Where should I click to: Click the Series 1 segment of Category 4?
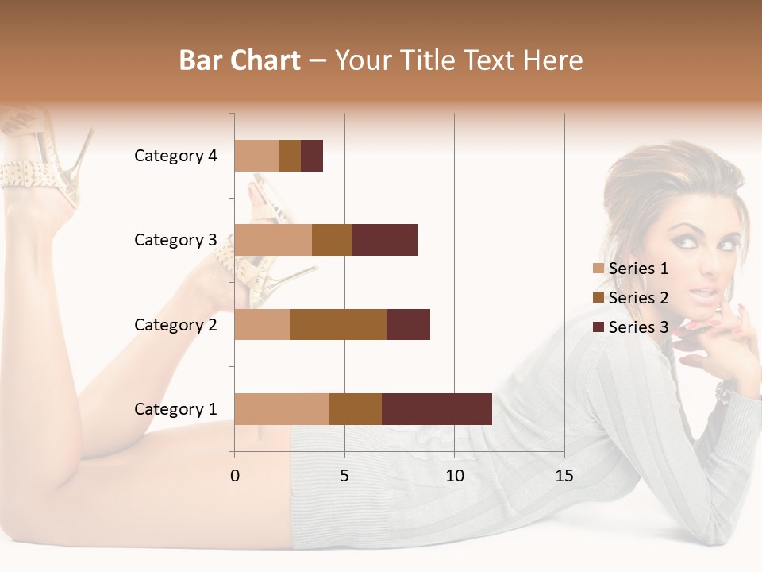click(x=256, y=156)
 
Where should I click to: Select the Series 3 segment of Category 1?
click(x=437, y=409)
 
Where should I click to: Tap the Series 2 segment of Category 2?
click(x=338, y=324)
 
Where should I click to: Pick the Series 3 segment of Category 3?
click(x=384, y=240)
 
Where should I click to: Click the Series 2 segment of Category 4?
click(x=290, y=156)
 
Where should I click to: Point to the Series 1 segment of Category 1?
click(x=282, y=409)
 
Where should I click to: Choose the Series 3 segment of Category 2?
click(x=408, y=324)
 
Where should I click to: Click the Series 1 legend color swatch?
click(x=598, y=269)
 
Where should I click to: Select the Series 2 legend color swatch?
click(x=598, y=298)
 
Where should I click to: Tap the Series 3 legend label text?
click(x=638, y=327)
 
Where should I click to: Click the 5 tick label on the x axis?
click(x=344, y=476)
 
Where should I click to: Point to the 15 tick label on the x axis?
click(x=564, y=476)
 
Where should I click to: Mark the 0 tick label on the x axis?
click(x=235, y=476)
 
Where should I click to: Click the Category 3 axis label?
click(x=175, y=240)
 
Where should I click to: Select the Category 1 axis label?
click(x=175, y=409)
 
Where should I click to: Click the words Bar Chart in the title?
click(x=240, y=60)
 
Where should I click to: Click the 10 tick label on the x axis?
click(x=454, y=476)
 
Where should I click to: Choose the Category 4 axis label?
click(x=175, y=156)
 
